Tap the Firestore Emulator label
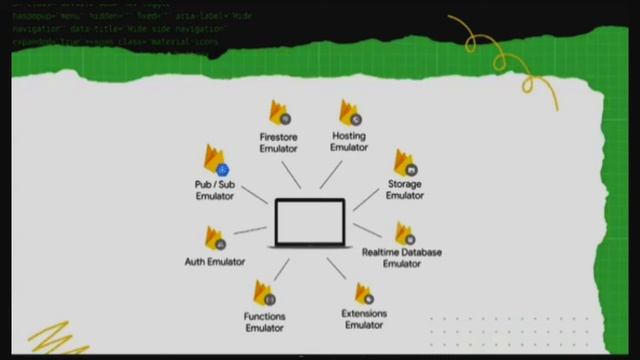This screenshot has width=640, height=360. (278, 142)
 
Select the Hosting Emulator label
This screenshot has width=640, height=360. (349, 141)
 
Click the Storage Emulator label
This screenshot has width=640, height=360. (404, 190)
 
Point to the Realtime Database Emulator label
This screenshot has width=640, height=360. (402, 258)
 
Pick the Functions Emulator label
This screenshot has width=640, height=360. (264, 322)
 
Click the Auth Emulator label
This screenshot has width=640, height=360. (215, 262)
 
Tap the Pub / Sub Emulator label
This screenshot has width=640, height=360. (214, 190)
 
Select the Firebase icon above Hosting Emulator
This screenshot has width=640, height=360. (349, 113)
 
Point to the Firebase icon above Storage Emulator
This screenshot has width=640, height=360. (404, 163)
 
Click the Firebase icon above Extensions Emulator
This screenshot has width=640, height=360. (364, 293)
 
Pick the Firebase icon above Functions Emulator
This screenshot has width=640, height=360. (264, 294)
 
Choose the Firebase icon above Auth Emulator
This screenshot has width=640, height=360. (215, 238)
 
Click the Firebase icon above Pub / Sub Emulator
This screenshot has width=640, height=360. (216, 161)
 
